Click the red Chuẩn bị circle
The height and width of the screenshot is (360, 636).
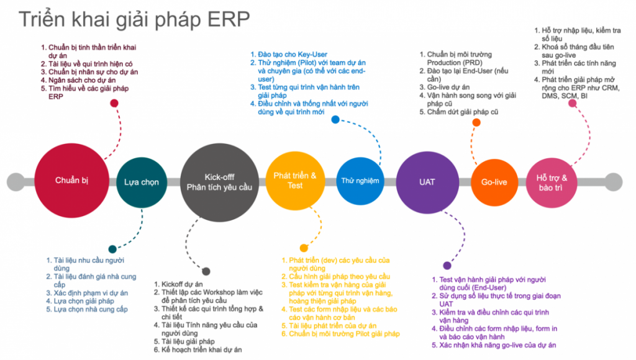point(72,181)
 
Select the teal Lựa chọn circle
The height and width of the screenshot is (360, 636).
point(142,182)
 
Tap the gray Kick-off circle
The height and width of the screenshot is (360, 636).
point(219,182)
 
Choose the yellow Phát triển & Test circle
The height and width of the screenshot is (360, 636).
point(295,181)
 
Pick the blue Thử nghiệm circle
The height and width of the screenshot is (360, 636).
point(360,181)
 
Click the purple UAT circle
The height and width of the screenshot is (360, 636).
point(427,182)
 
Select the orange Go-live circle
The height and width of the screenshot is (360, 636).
point(494,182)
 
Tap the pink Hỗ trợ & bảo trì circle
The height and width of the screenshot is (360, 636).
point(552,183)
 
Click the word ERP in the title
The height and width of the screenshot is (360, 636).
point(229,19)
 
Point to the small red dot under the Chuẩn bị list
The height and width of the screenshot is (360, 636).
point(114,104)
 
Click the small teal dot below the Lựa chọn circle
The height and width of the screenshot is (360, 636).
point(112,249)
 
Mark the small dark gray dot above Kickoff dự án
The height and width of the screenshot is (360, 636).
point(206,271)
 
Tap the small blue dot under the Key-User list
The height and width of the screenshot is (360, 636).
point(335,120)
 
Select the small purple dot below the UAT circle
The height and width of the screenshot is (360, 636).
point(447,266)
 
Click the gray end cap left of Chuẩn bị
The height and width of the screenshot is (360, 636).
point(16,182)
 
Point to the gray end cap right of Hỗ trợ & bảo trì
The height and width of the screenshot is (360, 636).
point(614,182)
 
